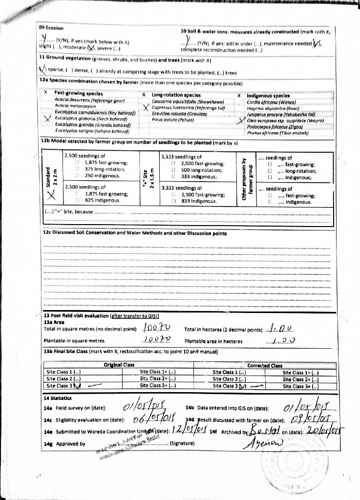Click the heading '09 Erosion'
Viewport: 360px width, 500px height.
(51, 28)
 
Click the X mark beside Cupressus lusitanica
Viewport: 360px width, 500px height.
(145, 108)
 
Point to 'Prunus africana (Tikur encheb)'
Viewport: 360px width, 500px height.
(277, 132)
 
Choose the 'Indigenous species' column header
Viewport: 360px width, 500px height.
(268, 96)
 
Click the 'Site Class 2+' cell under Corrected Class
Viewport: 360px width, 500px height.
(301, 379)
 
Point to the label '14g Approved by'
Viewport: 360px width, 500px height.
(64, 443)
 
